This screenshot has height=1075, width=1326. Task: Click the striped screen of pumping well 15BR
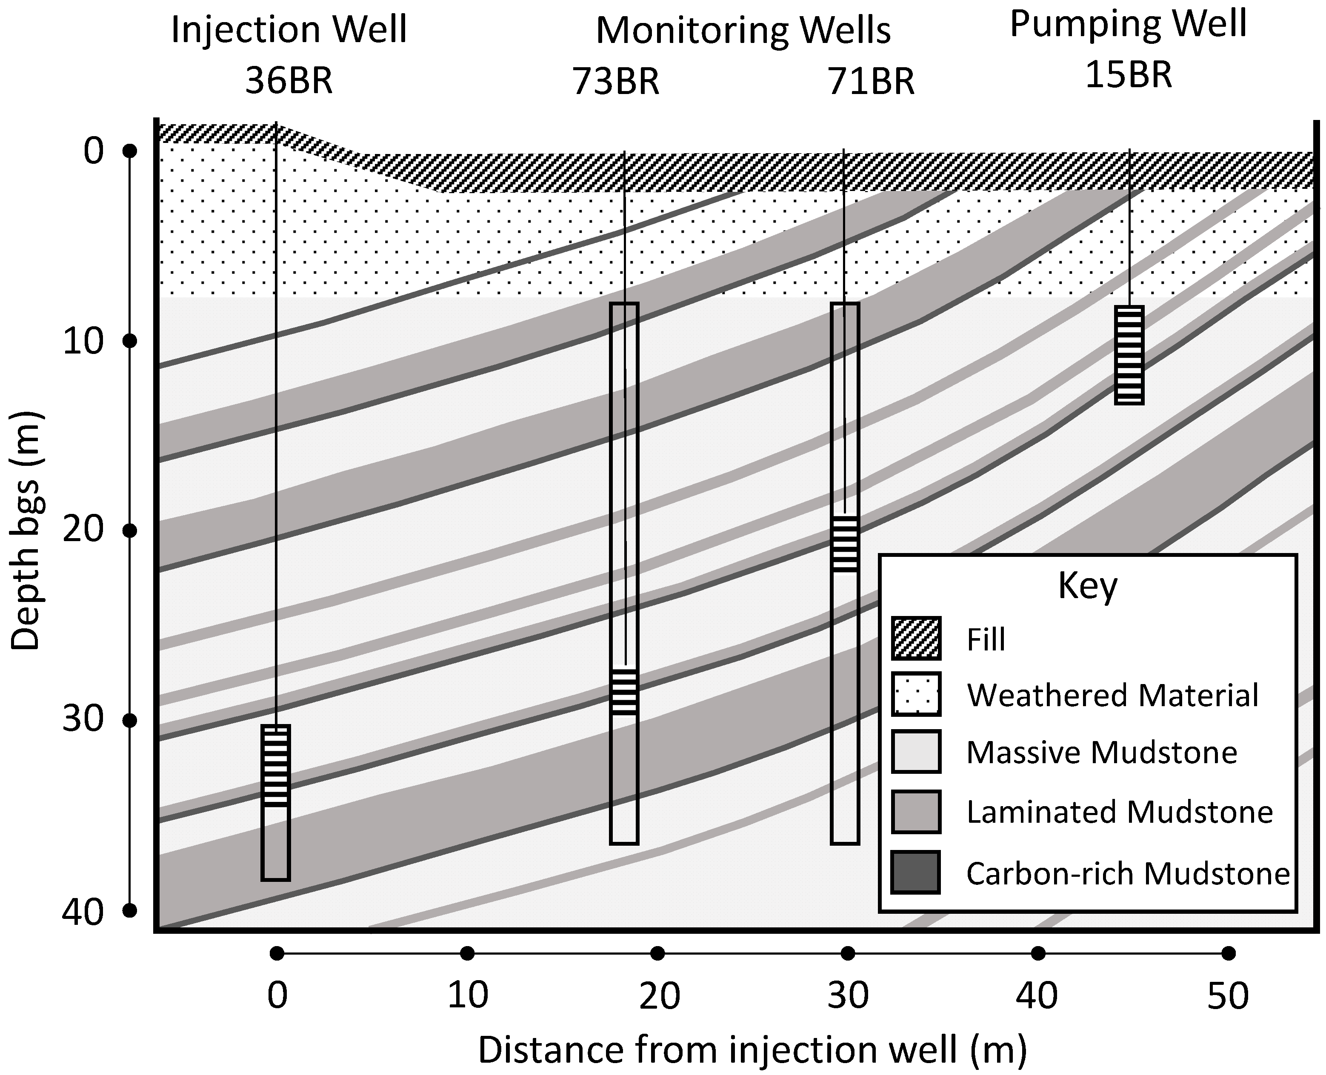tap(1129, 355)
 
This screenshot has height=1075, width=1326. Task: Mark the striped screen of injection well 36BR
tap(276, 766)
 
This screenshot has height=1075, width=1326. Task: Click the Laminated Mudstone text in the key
tap(1119, 812)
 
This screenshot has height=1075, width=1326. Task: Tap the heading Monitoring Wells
tap(743, 30)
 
